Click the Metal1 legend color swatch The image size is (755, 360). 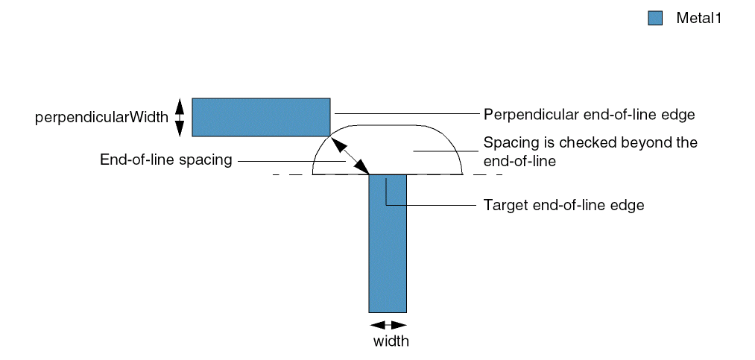tap(655, 19)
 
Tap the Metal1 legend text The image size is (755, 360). tap(698, 19)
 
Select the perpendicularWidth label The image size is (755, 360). tap(101, 118)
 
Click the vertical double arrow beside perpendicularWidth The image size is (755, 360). tap(179, 118)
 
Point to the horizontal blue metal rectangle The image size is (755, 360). tap(261, 117)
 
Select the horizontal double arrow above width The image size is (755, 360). tap(388, 325)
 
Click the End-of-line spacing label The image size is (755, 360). tap(166, 160)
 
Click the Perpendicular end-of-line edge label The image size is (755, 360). tap(589, 115)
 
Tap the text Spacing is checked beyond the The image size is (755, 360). tap(590, 142)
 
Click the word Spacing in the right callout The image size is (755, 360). tap(507, 142)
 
